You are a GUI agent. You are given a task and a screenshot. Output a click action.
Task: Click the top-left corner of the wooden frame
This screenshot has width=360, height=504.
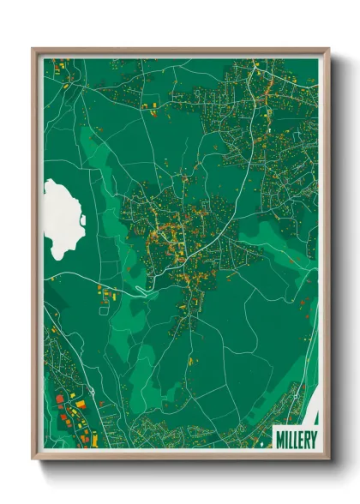pos(33,49)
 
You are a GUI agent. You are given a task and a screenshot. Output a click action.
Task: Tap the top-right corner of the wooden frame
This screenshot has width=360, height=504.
pos(328,49)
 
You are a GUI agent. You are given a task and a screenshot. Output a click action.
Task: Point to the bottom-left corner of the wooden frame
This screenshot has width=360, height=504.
pos(33,459)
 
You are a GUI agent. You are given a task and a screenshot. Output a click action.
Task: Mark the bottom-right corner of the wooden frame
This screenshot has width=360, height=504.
pos(328,459)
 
